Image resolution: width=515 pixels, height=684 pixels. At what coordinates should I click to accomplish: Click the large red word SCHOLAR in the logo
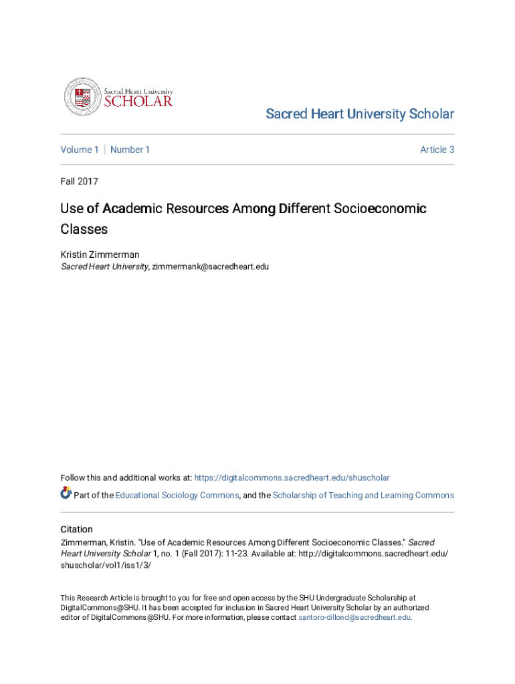[138, 102]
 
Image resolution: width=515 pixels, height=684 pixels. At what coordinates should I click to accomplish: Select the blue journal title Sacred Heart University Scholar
[360, 114]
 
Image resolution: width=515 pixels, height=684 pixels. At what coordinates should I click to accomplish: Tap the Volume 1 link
[80, 150]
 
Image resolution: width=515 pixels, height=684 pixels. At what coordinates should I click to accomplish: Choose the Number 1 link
[130, 150]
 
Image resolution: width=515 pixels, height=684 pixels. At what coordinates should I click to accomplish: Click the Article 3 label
[437, 150]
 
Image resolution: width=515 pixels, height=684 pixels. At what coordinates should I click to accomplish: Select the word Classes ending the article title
[84, 229]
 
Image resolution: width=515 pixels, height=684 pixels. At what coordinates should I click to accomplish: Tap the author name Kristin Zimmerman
[100, 254]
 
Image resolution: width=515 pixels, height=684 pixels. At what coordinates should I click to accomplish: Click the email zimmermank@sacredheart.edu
[211, 267]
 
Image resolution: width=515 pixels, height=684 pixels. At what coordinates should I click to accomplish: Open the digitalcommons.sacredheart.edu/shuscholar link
[292, 478]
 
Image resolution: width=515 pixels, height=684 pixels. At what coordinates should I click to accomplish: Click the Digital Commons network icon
[66, 494]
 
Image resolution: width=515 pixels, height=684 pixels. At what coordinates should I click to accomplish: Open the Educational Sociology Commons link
[177, 496]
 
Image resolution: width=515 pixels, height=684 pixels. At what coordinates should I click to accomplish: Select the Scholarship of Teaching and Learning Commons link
[363, 496]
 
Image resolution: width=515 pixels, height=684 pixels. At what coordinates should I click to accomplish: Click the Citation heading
[76, 529]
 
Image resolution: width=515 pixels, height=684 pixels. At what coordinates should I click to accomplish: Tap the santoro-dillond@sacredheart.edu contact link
[354, 618]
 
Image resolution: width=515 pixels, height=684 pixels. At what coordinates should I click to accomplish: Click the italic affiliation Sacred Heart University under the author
[104, 267]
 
